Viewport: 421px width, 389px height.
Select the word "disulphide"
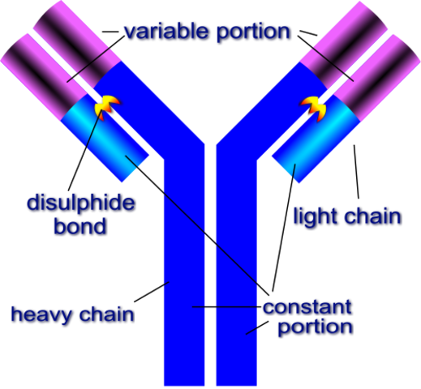(x=79, y=203)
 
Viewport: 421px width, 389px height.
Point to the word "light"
(x=315, y=216)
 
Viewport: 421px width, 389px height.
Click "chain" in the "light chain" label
(x=369, y=216)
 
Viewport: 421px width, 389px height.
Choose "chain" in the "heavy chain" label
(x=105, y=314)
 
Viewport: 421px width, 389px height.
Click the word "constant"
(x=307, y=307)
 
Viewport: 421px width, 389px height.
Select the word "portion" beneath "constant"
(x=315, y=327)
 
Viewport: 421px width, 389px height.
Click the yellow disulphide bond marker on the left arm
(x=107, y=105)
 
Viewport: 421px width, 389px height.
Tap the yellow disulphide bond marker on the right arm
(x=313, y=105)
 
